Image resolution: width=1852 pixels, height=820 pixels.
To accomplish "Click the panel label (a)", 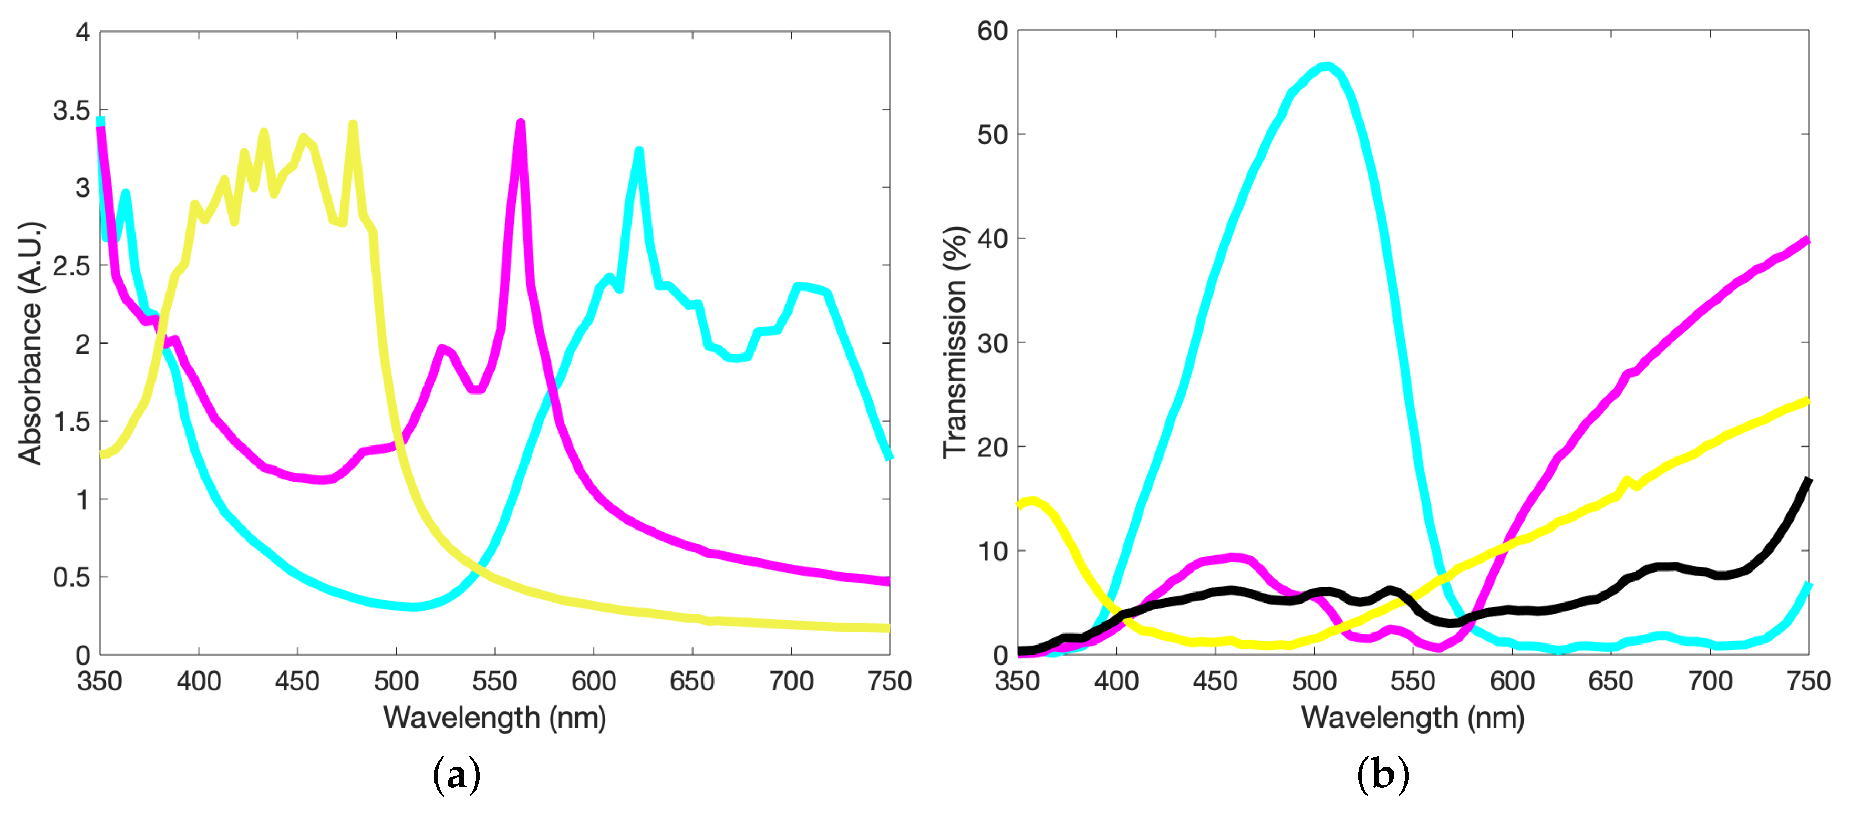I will tap(457, 775).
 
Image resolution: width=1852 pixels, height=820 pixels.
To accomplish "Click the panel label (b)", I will tap(1382, 775).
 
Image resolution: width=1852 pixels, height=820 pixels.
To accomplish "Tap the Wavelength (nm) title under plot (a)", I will tap(494, 717).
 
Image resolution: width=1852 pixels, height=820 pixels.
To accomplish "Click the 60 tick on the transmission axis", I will tap(992, 32).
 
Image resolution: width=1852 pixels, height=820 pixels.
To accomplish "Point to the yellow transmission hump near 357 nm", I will tap(1032, 501).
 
